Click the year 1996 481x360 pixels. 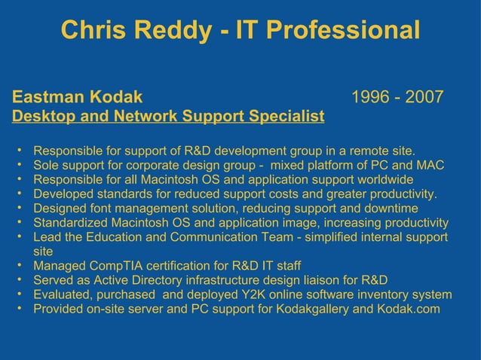(x=371, y=98)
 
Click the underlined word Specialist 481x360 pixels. (x=285, y=117)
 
